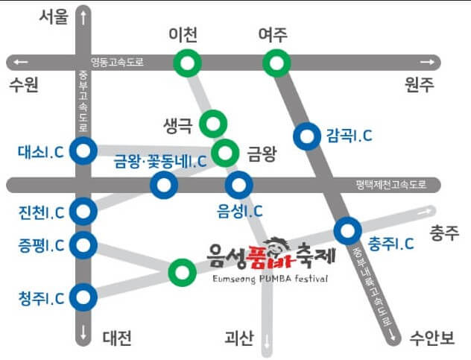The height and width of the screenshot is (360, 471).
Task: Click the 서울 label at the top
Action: point(54,16)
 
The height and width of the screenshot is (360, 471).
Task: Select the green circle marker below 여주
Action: point(276,63)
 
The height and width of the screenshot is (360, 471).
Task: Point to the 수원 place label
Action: point(23,84)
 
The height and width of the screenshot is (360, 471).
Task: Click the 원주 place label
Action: point(418,84)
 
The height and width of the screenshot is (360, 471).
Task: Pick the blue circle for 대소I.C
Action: point(83,151)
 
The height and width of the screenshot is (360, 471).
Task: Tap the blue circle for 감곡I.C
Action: point(306,136)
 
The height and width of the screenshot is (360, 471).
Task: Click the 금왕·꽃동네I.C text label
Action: point(159,161)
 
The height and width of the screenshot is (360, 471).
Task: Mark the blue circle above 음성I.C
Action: point(239,184)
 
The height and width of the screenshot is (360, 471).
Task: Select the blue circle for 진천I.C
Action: point(83,212)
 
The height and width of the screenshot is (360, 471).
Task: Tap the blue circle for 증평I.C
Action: point(83,244)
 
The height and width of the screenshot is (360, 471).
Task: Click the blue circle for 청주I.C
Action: point(83,297)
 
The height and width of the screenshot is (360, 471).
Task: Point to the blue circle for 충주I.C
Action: point(347,231)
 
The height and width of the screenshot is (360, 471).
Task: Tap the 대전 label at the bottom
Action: point(116,339)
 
